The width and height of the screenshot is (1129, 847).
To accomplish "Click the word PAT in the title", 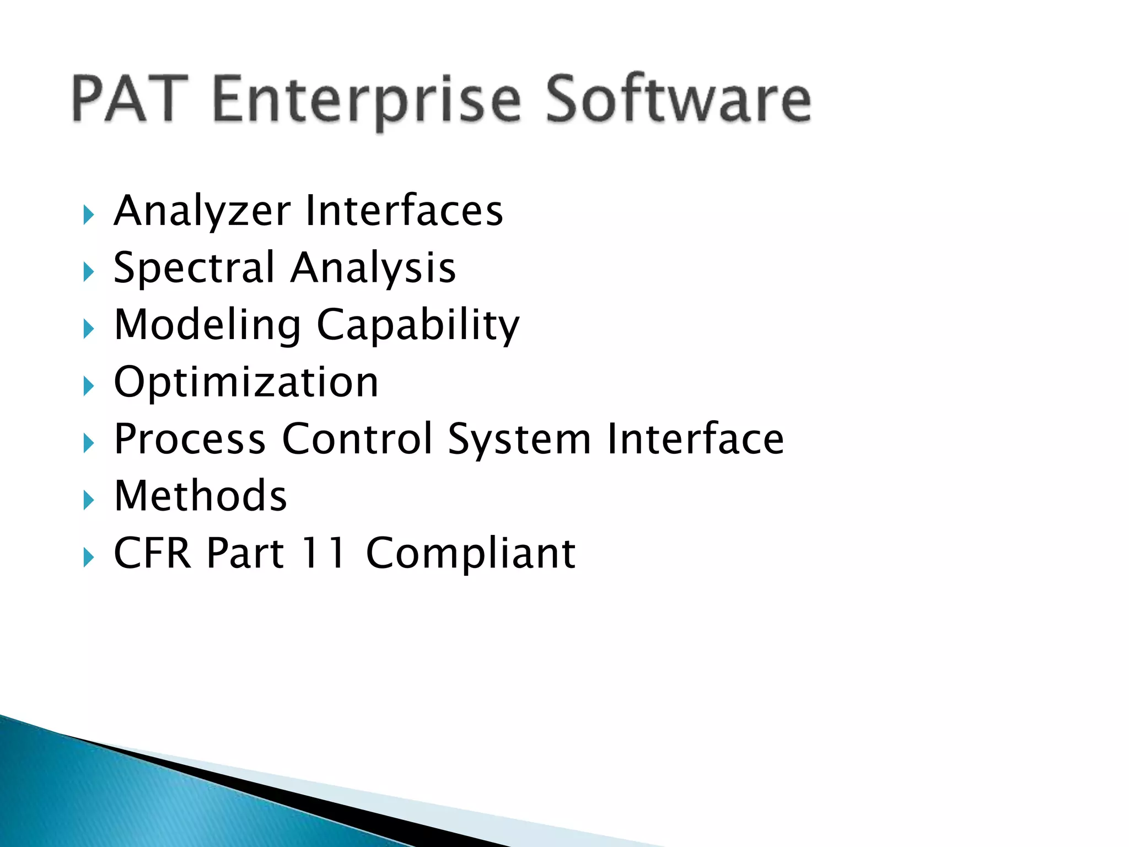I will coord(130,99).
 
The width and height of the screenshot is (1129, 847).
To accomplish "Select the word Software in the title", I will coord(678,99).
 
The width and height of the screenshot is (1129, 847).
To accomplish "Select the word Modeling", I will coord(208,325).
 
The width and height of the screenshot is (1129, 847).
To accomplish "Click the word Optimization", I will coord(246,382).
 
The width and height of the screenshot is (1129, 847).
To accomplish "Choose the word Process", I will coord(190,439).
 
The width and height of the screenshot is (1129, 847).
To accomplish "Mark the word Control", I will coord(357,439).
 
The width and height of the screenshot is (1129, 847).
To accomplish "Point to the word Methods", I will coord(201,496).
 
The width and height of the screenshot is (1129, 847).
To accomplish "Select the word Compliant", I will coord(471,554).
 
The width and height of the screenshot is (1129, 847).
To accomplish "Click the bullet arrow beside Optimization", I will coord(88,386).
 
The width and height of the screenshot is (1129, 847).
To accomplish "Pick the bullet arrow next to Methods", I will coord(88,500).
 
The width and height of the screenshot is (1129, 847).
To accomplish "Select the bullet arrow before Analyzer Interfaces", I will coord(88,215).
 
